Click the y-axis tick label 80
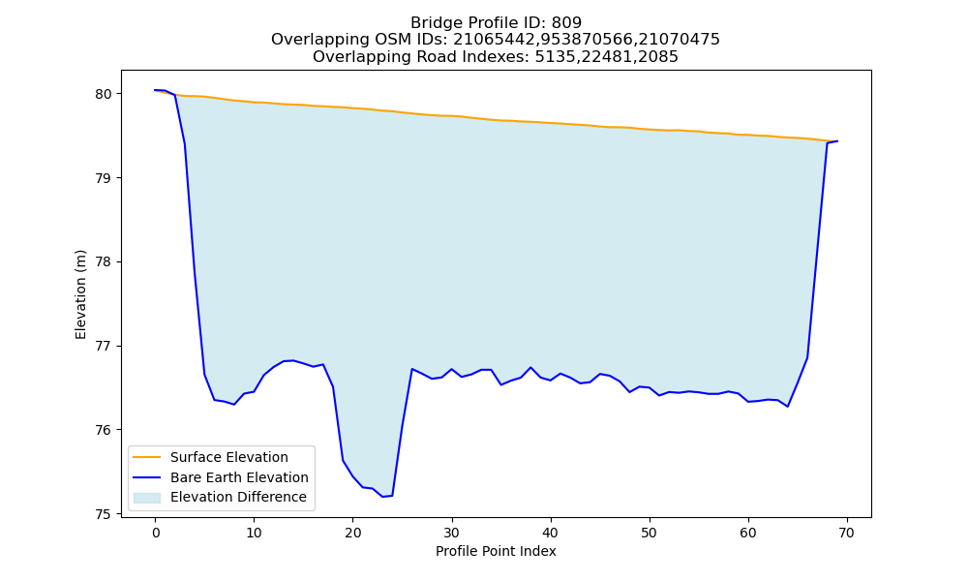tap(105, 95)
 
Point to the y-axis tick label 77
tap(105, 347)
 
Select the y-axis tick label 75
tap(105, 514)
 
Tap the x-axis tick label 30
tap(452, 533)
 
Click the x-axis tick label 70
tap(847, 533)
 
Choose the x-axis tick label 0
tap(156, 533)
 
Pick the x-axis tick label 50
tap(650, 533)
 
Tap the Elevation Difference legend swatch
tap(147, 498)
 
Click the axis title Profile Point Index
tap(496, 551)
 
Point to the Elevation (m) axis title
tap(81, 294)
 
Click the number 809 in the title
tap(566, 23)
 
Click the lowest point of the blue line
tap(382, 497)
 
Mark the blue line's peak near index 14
tap(293, 360)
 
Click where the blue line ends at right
tap(837, 141)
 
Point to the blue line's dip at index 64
tap(788, 407)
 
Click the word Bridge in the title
tap(435, 23)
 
